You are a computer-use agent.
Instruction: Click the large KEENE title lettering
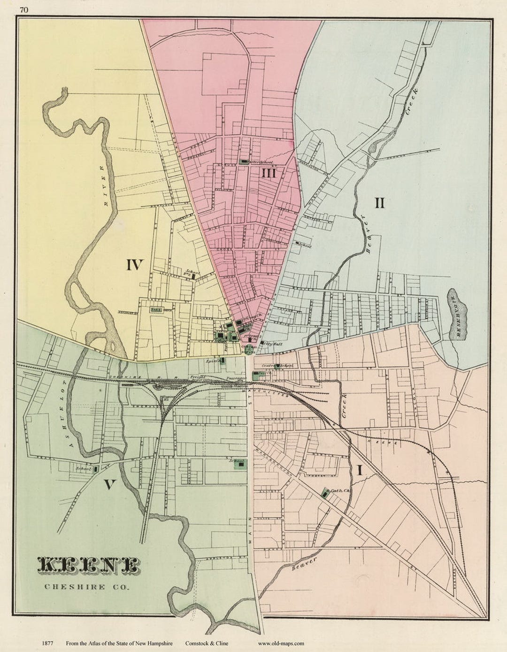pyautogui.click(x=88, y=566)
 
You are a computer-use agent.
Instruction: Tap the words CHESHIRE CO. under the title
pyautogui.click(x=87, y=586)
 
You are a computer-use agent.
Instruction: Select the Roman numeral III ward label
pyautogui.click(x=269, y=173)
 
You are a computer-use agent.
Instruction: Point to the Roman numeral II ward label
pyautogui.click(x=379, y=203)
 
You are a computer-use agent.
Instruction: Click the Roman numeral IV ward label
pyautogui.click(x=134, y=265)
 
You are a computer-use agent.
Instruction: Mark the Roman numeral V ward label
pyautogui.click(x=109, y=484)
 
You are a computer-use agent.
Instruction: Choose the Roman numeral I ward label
pyautogui.click(x=360, y=470)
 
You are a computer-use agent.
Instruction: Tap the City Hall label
pyautogui.click(x=274, y=344)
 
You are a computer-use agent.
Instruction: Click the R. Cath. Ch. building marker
pyautogui.click(x=325, y=493)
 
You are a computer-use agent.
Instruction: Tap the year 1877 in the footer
pyautogui.click(x=47, y=644)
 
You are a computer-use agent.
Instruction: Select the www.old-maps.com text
pyautogui.click(x=281, y=644)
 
